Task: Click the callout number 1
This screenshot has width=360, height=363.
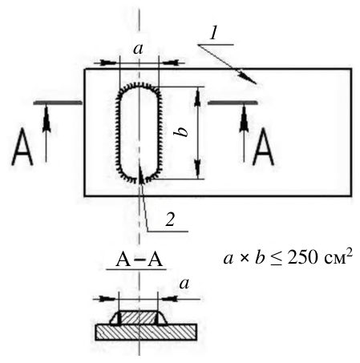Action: [x=213, y=34]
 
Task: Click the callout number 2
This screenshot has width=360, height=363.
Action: [x=170, y=220]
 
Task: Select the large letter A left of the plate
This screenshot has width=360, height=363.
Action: [x=22, y=147]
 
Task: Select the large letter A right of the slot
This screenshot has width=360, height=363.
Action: [x=263, y=147]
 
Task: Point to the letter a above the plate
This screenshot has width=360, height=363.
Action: [x=138, y=49]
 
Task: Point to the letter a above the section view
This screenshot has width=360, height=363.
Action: [x=184, y=284]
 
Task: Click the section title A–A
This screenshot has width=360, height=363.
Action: [x=139, y=260]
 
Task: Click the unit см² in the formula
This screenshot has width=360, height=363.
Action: [x=338, y=257]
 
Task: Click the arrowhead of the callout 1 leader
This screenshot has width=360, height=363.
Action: [x=248, y=79]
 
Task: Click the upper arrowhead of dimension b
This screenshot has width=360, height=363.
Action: [x=197, y=96]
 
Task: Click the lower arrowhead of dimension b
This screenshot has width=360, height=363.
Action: [x=197, y=170]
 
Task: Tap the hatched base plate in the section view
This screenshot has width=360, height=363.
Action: [x=146, y=332]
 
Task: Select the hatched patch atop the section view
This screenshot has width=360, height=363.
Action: [x=138, y=317]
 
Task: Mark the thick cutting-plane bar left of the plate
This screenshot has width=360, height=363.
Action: [x=58, y=103]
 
